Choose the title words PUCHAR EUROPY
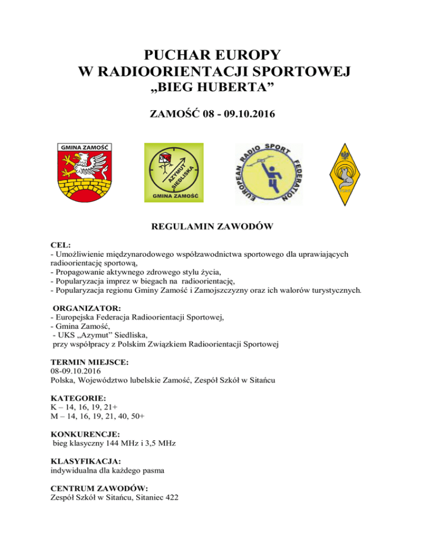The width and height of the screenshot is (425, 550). coord(212,55)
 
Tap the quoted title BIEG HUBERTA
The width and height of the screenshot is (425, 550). coord(212,89)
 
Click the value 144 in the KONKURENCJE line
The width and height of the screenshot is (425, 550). coord(123,444)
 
